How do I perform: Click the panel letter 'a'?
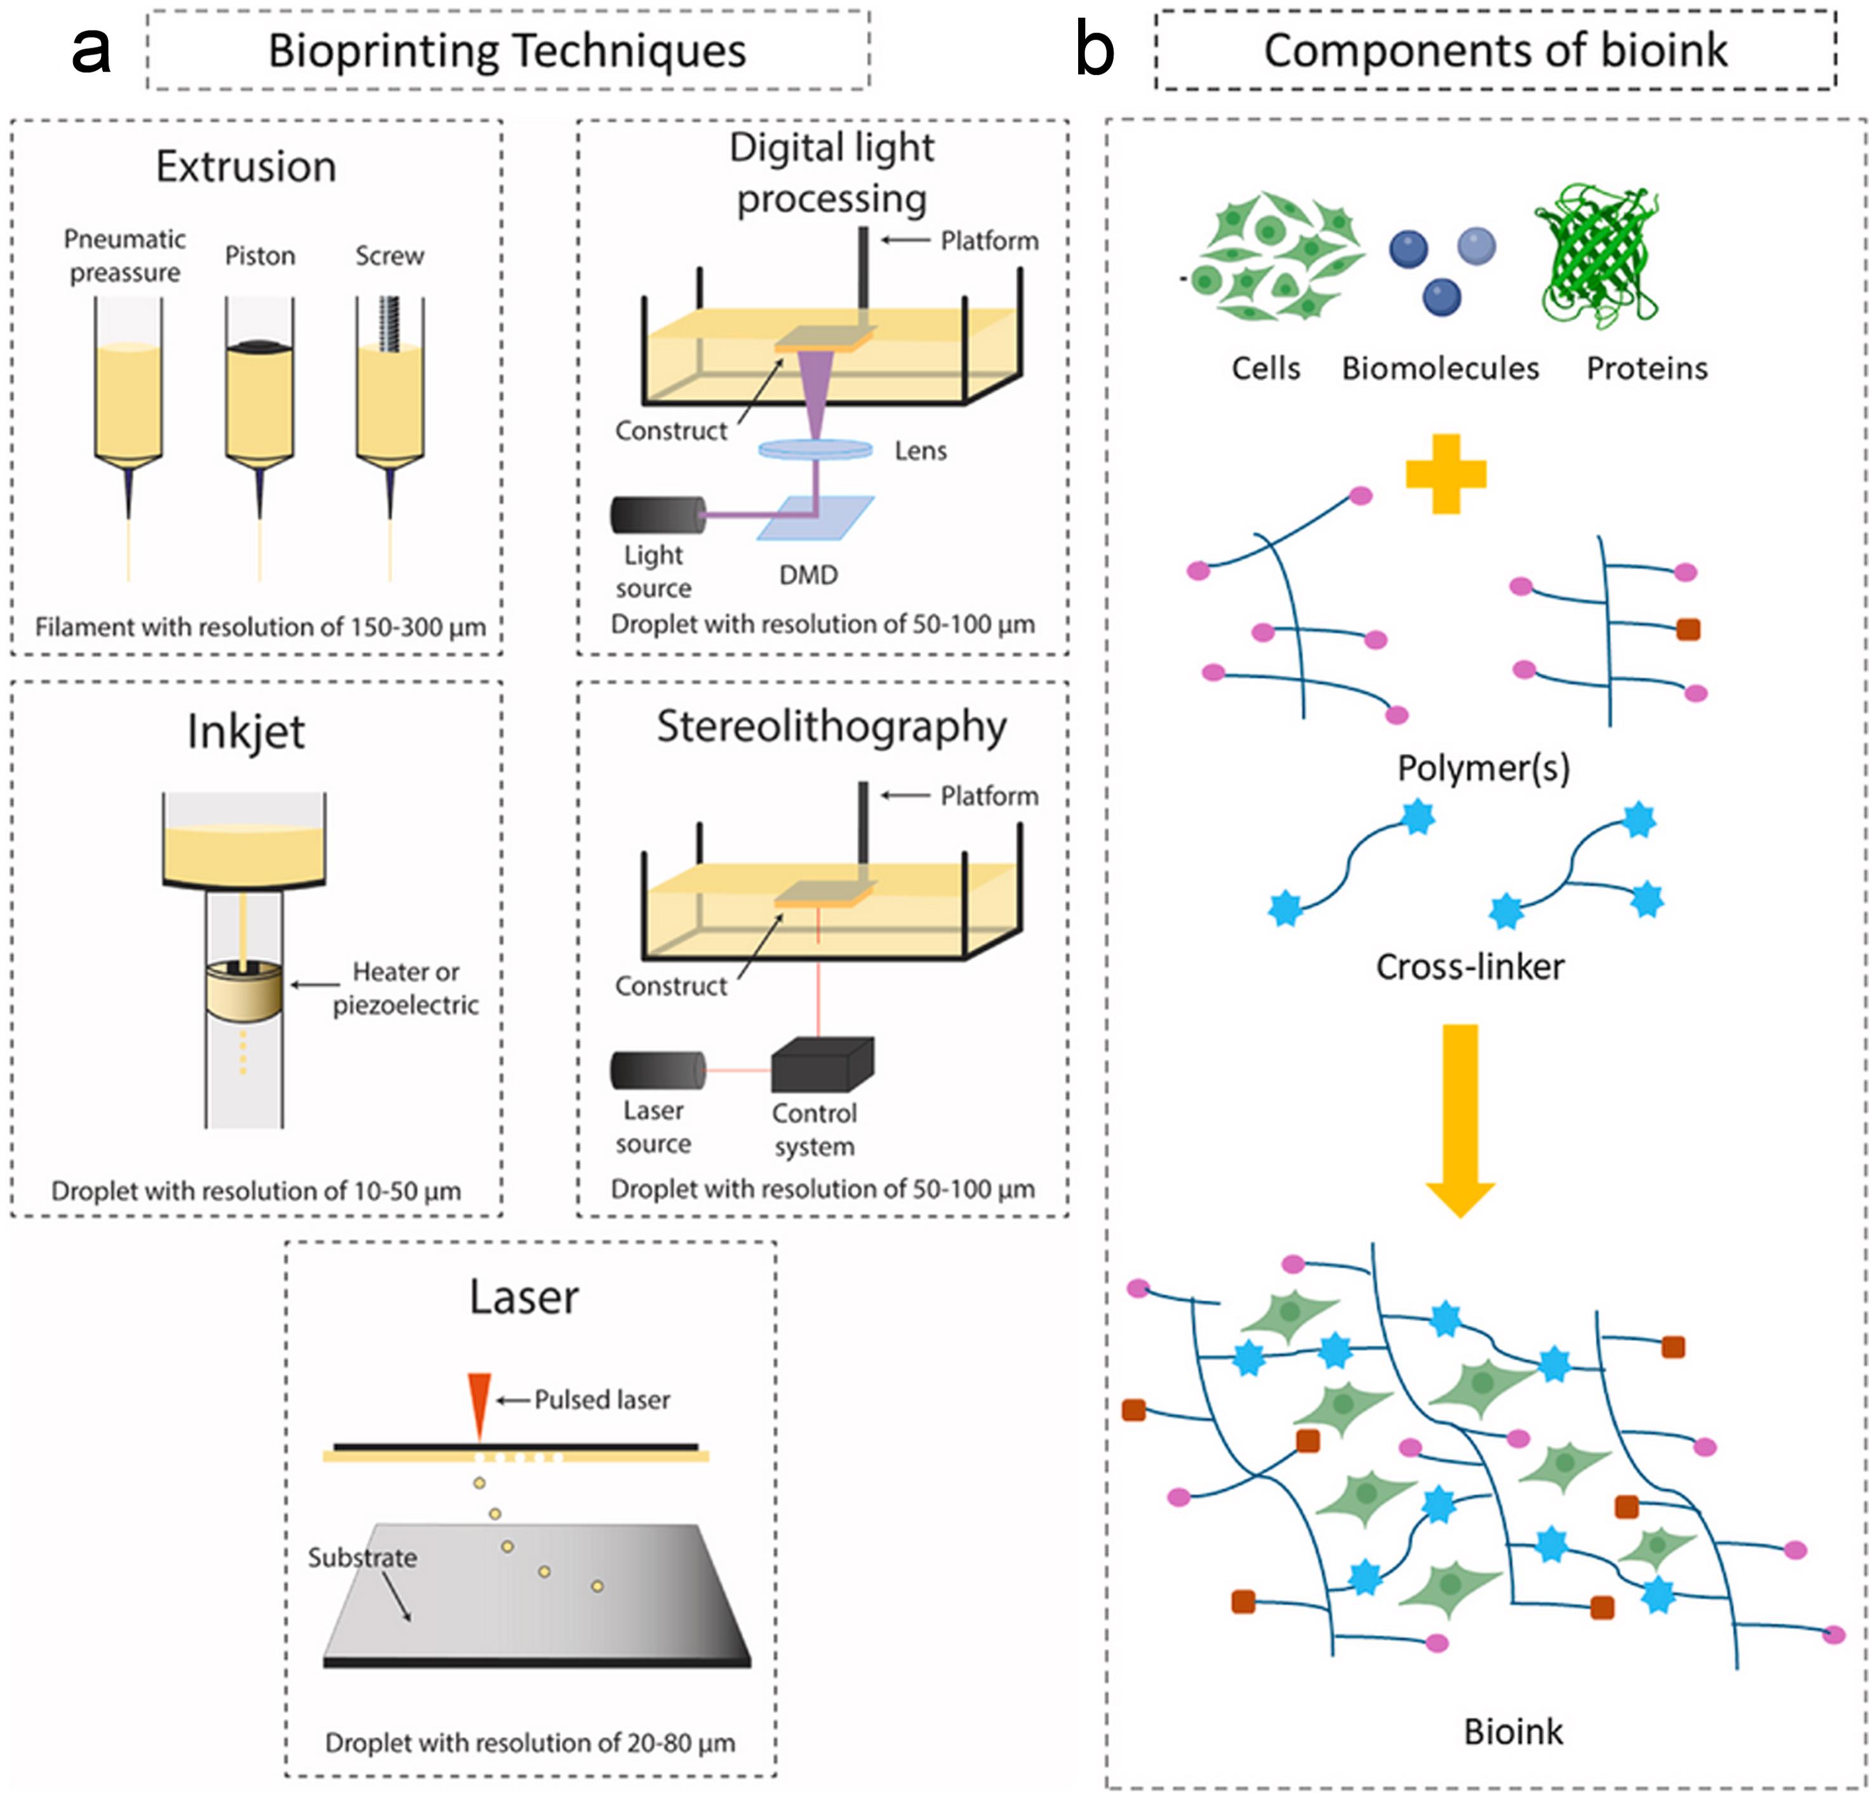pyautogui.click(x=91, y=50)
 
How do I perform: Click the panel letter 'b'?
pyautogui.click(x=1095, y=50)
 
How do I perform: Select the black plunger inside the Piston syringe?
pyautogui.click(x=259, y=345)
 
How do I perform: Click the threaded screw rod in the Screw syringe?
pyautogui.click(x=389, y=322)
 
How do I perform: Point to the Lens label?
pyautogui.click(x=920, y=451)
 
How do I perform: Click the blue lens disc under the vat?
pyautogui.click(x=815, y=448)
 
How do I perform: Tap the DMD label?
pyautogui.click(x=808, y=574)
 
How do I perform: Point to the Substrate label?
pyautogui.click(x=362, y=1557)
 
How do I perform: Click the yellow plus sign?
pyautogui.click(x=1446, y=474)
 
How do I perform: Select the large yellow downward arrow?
pyautogui.click(x=1460, y=1119)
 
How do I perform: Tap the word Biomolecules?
pyautogui.click(x=1439, y=368)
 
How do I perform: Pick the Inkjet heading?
pyautogui.click(x=246, y=732)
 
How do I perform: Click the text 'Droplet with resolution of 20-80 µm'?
pyautogui.click(x=530, y=1743)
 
